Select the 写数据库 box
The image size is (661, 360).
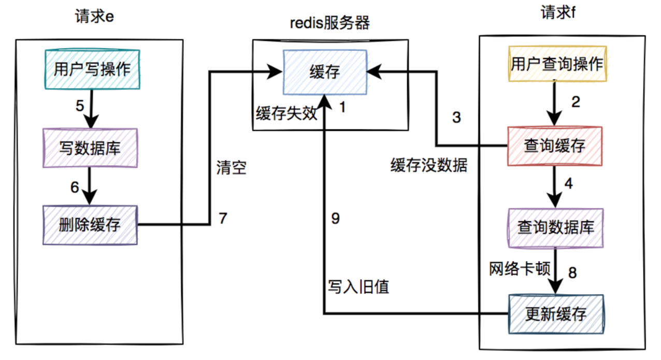[x=89, y=148]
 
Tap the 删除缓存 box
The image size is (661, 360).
[x=89, y=225]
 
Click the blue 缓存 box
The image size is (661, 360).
[x=325, y=72]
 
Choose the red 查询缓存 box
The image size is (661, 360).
[x=555, y=146]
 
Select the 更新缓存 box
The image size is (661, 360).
[x=556, y=313]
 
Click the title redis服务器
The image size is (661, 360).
[x=330, y=23]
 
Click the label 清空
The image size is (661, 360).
[x=231, y=168]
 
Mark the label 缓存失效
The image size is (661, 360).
[x=286, y=113]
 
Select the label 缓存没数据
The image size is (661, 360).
[x=429, y=165]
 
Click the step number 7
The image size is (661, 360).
[x=223, y=219]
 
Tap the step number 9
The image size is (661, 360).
[x=335, y=219]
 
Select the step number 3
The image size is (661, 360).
[x=456, y=118]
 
